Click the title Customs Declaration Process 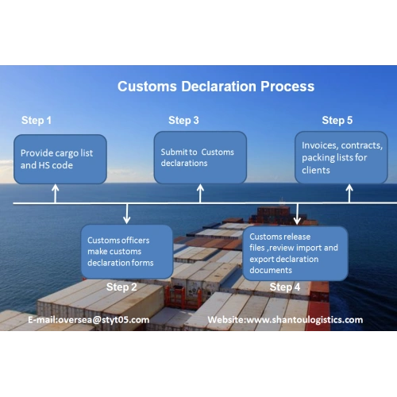(x=216, y=87)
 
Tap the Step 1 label (x=37, y=121)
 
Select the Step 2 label (x=121, y=287)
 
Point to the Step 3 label (x=183, y=121)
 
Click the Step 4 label (x=285, y=287)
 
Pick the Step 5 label (x=337, y=121)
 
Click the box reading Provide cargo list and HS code (x=60, y=159)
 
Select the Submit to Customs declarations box (x=200, y=157)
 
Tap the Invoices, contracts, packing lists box (x=341, y=157)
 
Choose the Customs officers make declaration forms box (x=127, y=252)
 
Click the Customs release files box (x=295, y=253)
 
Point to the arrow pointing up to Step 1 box (x=55, y=194)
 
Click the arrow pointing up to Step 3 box (x=200, y=194)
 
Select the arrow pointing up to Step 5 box (x=349, y=194)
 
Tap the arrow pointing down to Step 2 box (x=127, y=214)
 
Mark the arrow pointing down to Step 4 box (x=297, y=214)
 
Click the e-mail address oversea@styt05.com (x=104, y=320)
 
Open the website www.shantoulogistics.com (x=305, y=320)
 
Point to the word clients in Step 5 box (x=316, y=170)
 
